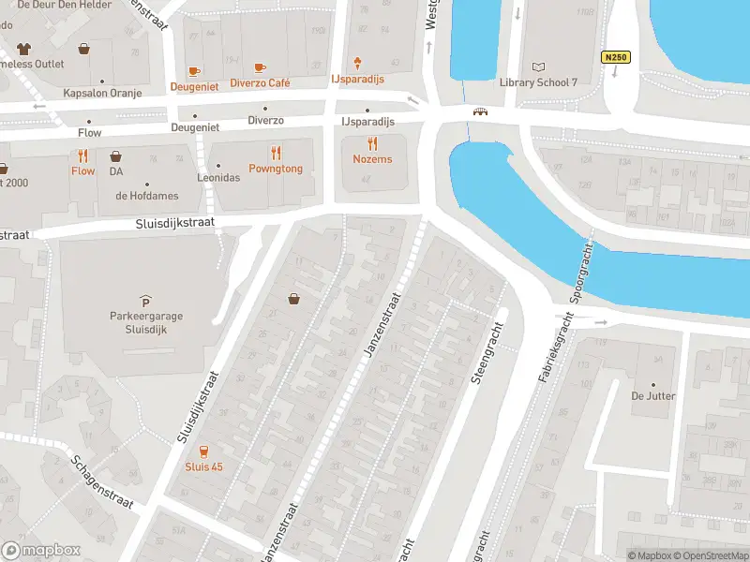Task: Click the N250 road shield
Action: (x=615, y=57)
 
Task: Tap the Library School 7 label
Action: (x=538, y=82)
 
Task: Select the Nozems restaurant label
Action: (x=373, y=159)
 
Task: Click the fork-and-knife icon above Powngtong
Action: (x=276, y=153)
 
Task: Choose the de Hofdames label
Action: (x=147, y=196)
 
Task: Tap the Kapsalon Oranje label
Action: (x=94, y=93)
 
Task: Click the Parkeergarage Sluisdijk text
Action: (x=144, y=322)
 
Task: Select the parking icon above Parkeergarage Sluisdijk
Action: (x=144, y=300)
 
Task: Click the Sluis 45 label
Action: (x=203, y=466)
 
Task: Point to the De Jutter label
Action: (x=653, y=396)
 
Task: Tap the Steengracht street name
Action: (x=485, y=354)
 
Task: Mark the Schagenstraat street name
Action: (x=103, y=481)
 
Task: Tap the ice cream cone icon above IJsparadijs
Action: (x=358, y=64)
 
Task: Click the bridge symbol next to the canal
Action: (x=481, y=111)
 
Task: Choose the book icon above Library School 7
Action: (x=538, y=67)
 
